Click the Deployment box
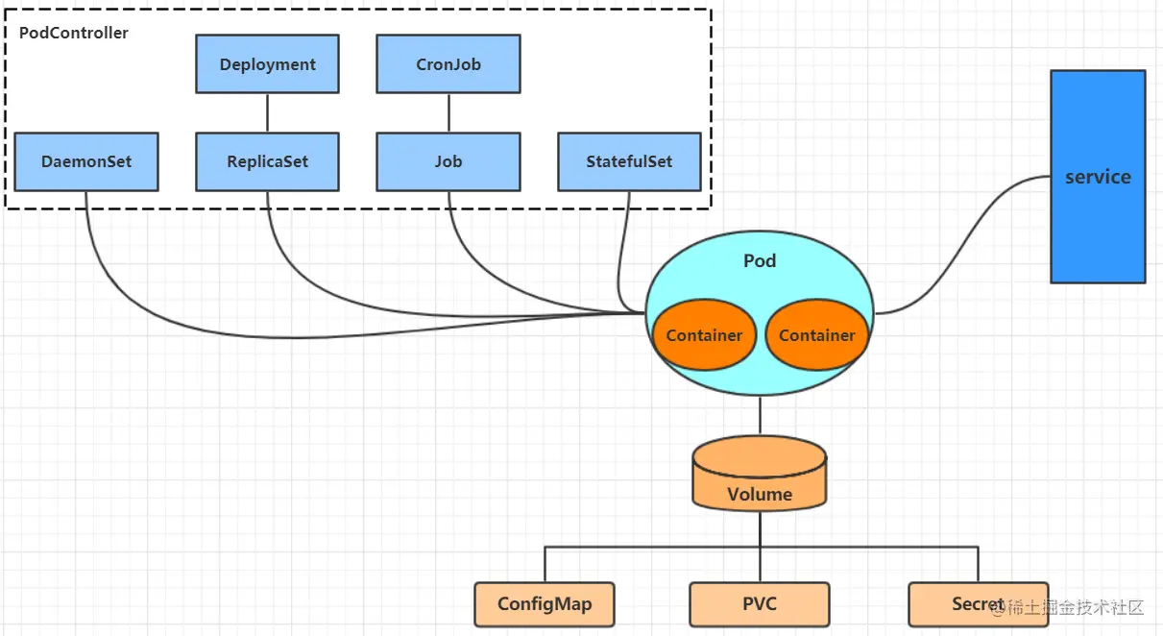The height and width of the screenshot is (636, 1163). click(267, 64)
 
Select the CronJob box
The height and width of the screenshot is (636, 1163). click(448, 64)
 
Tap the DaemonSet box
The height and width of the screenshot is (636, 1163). click(86, 161)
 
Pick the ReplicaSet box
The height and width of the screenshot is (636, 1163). click(267, 161)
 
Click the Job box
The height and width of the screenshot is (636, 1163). click(448, 161)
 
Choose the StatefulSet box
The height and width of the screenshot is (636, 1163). click(629, 161)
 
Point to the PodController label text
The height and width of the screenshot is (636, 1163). click(74, 33)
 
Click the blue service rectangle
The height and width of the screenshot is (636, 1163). click(1098, 177)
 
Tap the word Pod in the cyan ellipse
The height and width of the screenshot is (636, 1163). click(760, 261)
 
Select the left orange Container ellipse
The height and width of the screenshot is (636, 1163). click(704, 335)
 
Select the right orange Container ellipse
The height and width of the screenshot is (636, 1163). click(816, 335)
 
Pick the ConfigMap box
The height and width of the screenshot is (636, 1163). click(545, 604)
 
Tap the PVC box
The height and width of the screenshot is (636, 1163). click(760, 604)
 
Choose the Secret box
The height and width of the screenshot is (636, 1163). click(960, 604)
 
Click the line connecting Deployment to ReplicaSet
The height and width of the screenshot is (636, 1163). click(267, 113)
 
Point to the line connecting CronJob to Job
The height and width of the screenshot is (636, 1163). click(448, 113)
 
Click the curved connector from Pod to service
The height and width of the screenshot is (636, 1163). click(970, 240)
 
